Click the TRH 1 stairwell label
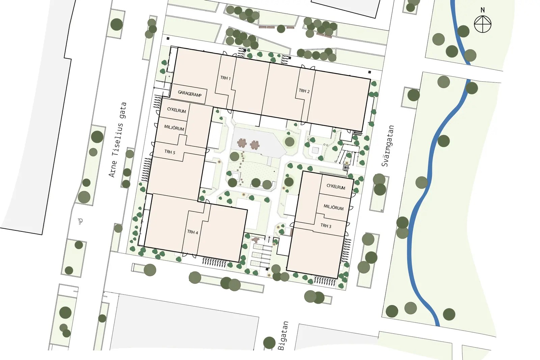[225, 78]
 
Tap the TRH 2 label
[304, 91]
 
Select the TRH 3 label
[326, 225]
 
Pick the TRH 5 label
[170, 152]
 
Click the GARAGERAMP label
[190, 93]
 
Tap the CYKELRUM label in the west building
[177, 110]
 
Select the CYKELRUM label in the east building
[336, 187]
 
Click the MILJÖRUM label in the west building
[174, 128]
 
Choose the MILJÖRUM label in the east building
[333, 207]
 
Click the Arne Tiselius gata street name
[117, 140]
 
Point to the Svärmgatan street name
[388, 146]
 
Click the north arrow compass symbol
[482, 24]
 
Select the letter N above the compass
[483, 10]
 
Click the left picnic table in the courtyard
[242, 144]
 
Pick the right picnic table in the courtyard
[255, 145]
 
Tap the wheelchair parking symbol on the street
[81, 221]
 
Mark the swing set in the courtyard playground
[348, 154]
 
